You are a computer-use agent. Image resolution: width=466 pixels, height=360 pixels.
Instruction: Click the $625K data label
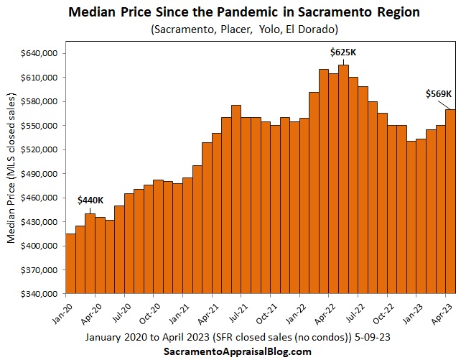coord(343,52)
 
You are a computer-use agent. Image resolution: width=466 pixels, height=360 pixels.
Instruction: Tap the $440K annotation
coord(90,199)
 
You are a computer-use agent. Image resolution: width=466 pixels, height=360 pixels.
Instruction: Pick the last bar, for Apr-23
coord(450,201)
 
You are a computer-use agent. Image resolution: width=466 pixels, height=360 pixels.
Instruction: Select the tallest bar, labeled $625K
coord(343,179)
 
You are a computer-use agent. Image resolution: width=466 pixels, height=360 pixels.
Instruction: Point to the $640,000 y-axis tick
coord(40,54)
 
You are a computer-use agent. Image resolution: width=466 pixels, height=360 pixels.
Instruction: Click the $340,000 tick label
coord(40,294)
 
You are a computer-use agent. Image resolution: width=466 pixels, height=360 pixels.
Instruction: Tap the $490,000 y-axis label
coord(40,174)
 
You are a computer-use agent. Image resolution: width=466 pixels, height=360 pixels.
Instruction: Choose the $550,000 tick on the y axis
coord(40,126)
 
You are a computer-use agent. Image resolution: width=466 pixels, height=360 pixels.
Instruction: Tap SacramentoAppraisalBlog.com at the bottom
coord(232,351)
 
